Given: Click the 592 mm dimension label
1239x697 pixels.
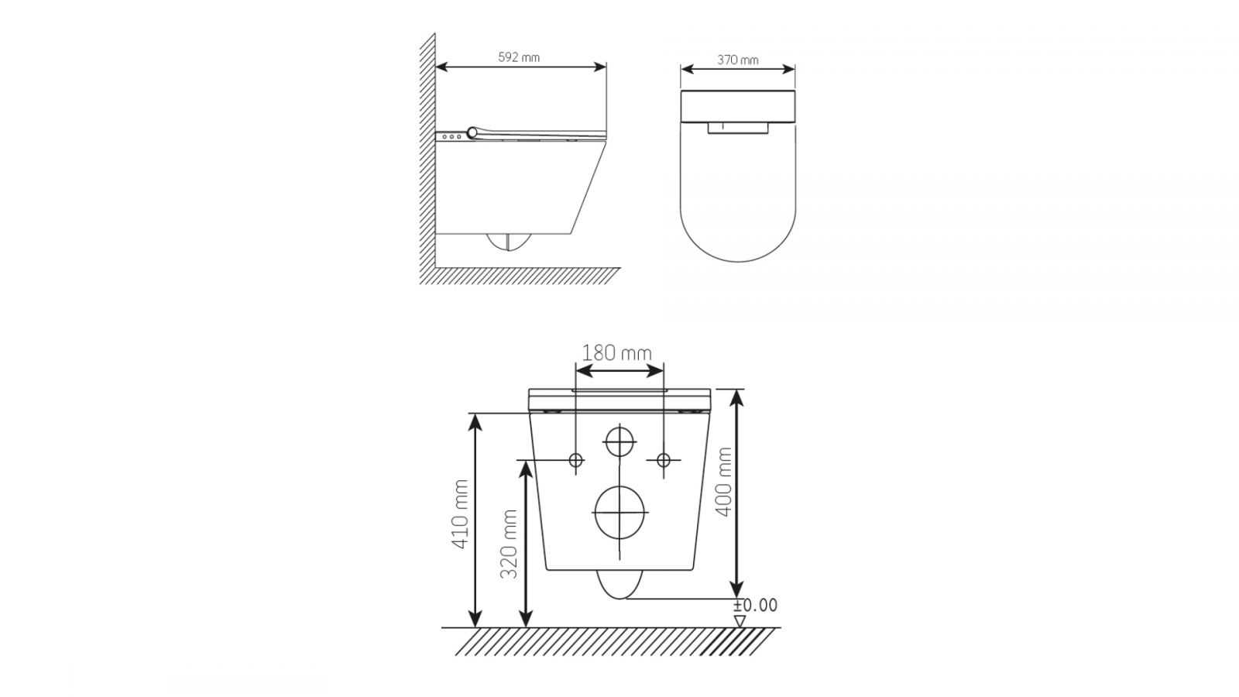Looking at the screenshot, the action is tap(519, 57).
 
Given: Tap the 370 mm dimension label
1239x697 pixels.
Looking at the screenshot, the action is tap(738, 60).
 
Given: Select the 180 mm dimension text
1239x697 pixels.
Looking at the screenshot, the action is tap(616, 353).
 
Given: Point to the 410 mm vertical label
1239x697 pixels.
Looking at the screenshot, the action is tap(460, 514).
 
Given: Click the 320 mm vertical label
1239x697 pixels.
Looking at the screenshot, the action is tap(508, 544).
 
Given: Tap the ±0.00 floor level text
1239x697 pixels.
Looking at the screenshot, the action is tap(756, 605).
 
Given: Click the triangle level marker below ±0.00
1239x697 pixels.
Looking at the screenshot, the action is tap(740, 621).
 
